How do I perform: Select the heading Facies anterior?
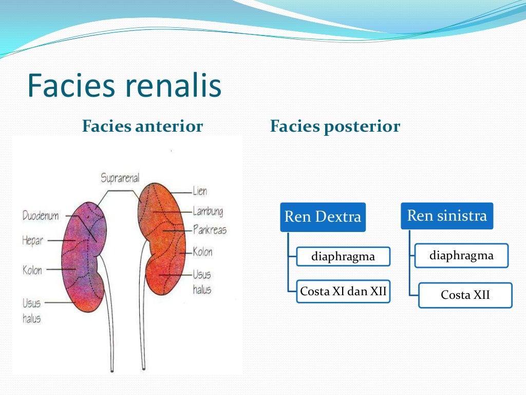point(142,127)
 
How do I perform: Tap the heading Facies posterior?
point(335,127)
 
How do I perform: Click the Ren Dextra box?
point(323,217)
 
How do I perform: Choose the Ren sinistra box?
point(446,216)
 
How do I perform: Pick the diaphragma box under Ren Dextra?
point(343,256)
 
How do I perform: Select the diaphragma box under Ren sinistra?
point(461,256)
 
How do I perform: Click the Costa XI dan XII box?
point(343,292)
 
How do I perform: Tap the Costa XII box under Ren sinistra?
point(465,295)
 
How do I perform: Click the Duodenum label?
point(41,216)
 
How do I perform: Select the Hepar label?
point(32,240)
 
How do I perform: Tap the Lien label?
point(200,191)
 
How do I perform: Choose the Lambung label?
point(208,211)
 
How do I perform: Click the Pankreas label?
point(210,230)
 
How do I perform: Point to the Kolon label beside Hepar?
point(32,270)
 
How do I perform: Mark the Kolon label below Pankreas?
point(202,252)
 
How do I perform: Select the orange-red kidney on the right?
point(163,237)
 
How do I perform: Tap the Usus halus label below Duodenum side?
point(31,311)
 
